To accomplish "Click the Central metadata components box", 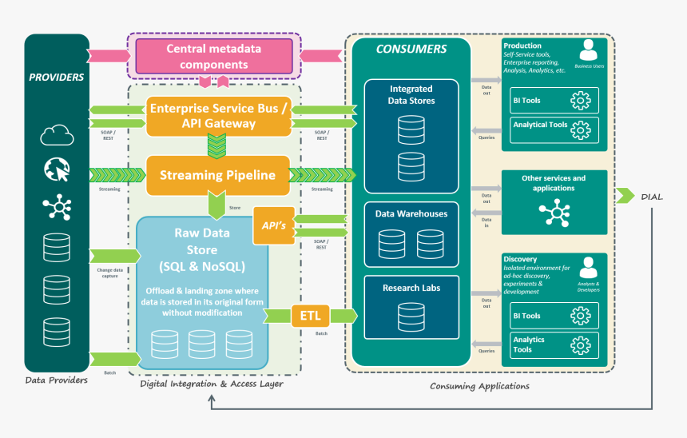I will (x=213, y=56).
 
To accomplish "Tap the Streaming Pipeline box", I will (x=217, y=175).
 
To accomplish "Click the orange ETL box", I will (x=310, y=316).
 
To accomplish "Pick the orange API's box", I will (x=273, y=226).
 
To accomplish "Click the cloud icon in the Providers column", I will (x=57, y=135).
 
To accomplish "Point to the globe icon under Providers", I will (x=57, y=169).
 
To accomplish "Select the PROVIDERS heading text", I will (x=57, y=78).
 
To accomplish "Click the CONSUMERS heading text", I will (x=411, y=50).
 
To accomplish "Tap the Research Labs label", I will (x=411, y=288).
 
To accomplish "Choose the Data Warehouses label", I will (x=411, y=213).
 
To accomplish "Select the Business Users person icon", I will (x=589, y=50).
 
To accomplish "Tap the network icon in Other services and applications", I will (x=554, y=213).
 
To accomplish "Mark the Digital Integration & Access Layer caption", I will (x=211, y=384).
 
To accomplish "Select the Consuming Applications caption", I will (x=479, y=386).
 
